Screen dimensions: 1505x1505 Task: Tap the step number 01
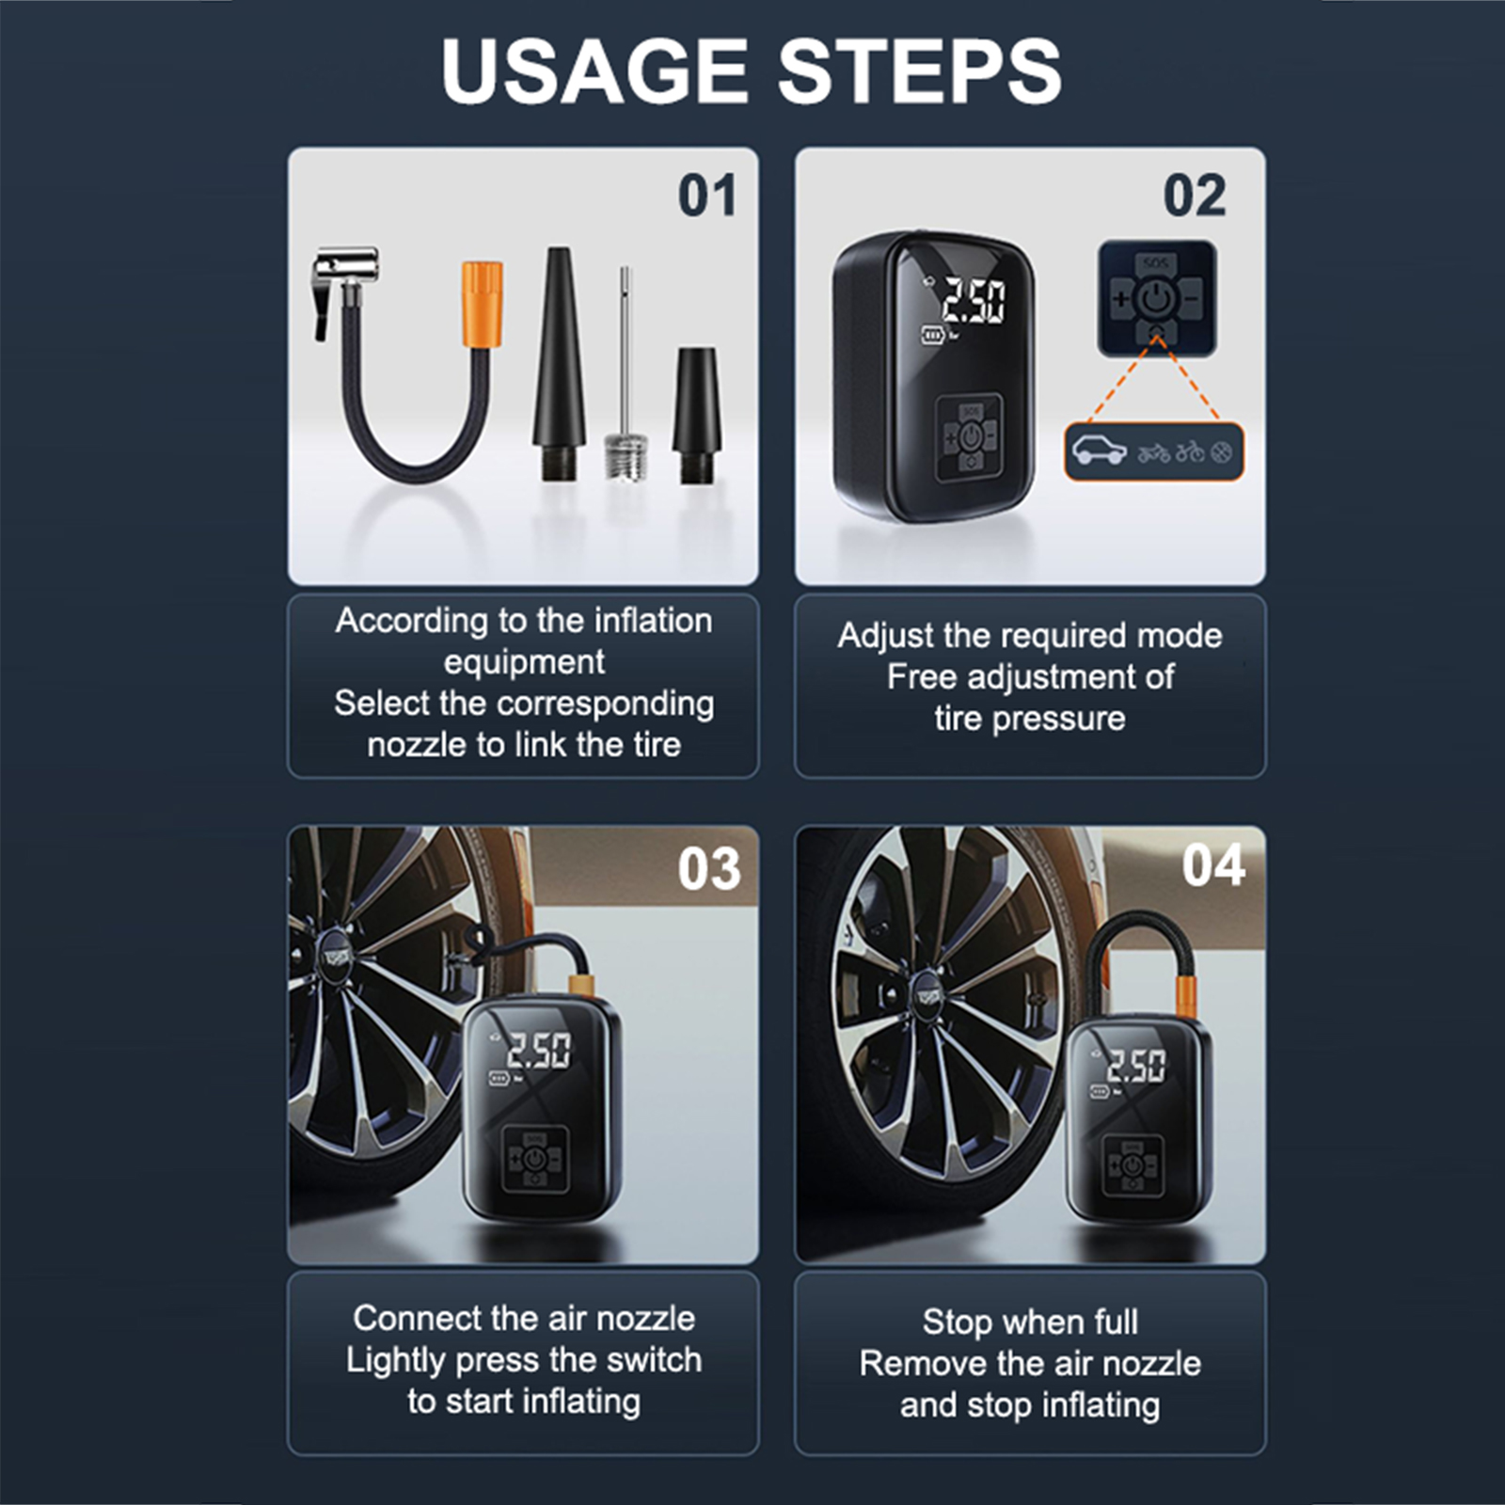click(x=706, y=196)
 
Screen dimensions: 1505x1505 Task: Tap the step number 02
click(x=1195, y=196)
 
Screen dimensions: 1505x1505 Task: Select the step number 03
click(x=709, y=869)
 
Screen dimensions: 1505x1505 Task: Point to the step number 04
click(x=1213, y=864)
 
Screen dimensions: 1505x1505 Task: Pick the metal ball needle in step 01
click(x=623, y=376)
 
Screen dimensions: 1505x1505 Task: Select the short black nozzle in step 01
click(x=696, y=416)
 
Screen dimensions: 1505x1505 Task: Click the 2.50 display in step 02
click(x=974, y=301)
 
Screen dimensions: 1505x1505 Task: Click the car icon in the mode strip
click(x=1100, y=451)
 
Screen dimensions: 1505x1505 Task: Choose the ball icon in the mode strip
click(x=1221, y=453)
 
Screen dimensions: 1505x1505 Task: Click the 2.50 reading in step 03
click(x=538, y=1051)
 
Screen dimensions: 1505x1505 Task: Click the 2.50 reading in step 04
click(x=1136, y=1066)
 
